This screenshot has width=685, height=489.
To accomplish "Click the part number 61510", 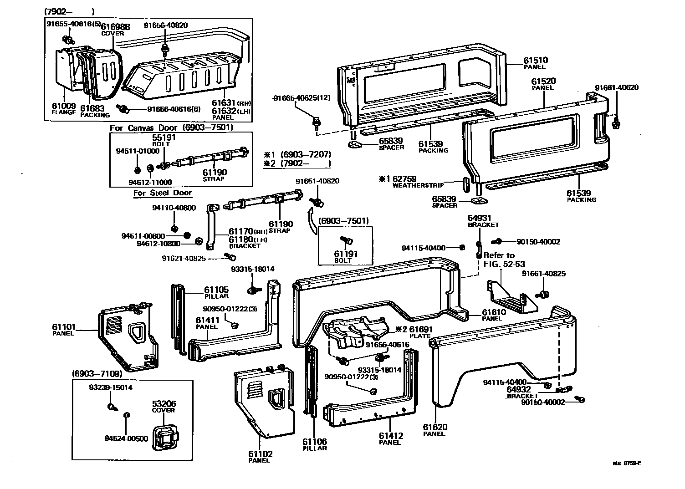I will point(535,60).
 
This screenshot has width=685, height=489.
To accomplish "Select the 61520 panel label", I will point(543,81).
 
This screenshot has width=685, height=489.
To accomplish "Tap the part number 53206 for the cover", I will point(164,404).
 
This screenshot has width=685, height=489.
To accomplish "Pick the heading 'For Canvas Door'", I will point(144,127).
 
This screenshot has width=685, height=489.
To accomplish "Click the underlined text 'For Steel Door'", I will point(163,193).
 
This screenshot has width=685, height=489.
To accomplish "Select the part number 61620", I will point(435,427).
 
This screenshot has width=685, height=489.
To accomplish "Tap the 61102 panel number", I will point(261,454).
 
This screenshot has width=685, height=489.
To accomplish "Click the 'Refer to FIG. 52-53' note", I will point(499,259).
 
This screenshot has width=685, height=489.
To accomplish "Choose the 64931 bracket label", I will point(481,219).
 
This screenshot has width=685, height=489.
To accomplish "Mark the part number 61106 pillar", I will point(315,442).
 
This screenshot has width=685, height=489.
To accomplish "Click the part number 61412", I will point(391,436).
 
